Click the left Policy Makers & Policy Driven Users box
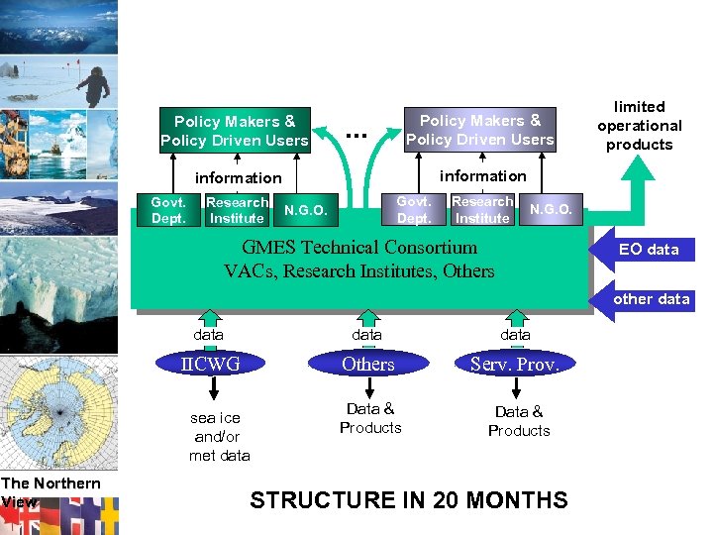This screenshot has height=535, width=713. [x=235, y=130]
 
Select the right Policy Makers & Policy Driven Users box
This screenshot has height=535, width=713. [x=479, y=130]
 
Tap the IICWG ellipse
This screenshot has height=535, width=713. [x=210, y=364]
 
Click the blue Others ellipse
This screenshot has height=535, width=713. [x=367, y=364]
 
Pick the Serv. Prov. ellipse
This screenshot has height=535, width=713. [x=515, y=364]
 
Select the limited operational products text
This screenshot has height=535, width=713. [x=640, y=126]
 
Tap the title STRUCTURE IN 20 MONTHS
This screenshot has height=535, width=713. [x=409, y=500]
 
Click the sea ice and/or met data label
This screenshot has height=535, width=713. [x=219, y=437]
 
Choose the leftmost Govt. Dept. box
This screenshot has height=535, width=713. [x=168, y=210]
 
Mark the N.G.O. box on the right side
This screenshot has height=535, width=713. [x=551, y=209]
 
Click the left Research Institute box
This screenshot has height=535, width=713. [x=237, y=210]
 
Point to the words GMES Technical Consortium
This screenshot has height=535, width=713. [x=359, y=248]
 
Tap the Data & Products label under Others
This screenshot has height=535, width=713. [x=370, y=418]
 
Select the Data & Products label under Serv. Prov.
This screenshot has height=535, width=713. [x=519, y=421]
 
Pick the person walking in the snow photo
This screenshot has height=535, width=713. [x=94, y=86]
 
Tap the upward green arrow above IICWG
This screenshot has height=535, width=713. [x=210, y=317]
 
